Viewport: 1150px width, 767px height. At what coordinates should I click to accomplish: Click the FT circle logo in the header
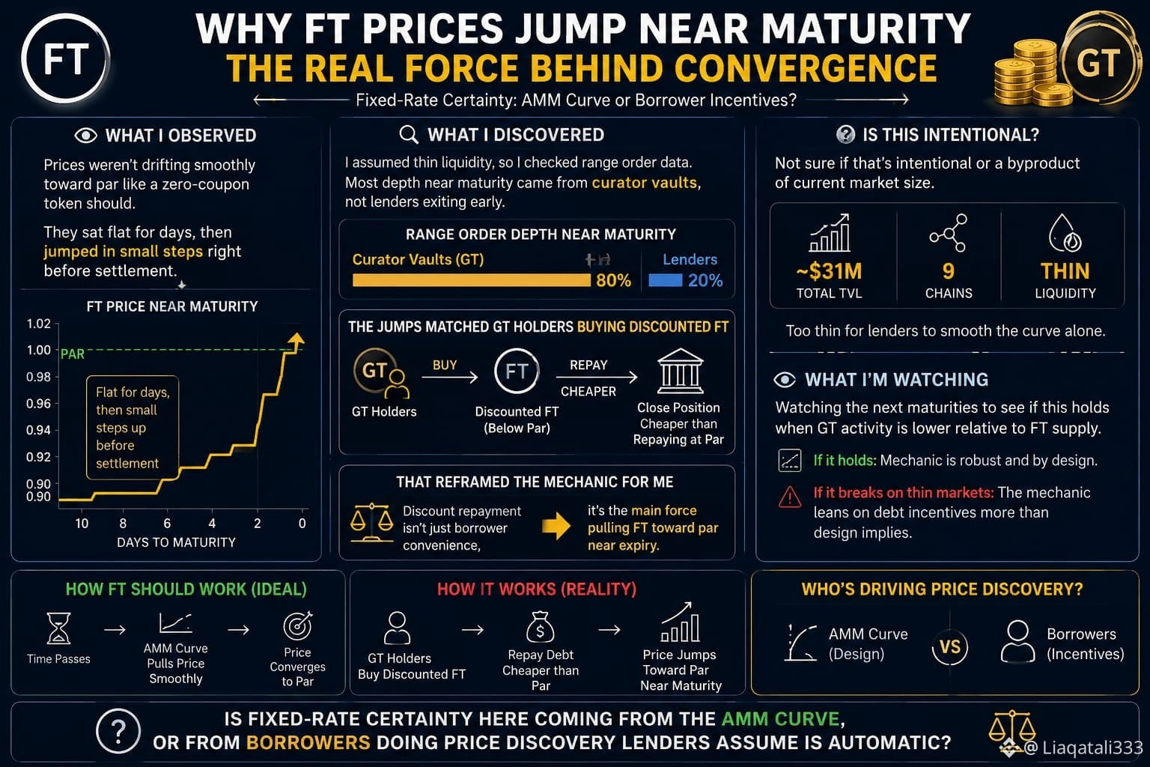66,58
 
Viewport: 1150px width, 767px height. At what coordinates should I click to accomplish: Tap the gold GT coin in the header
1098,63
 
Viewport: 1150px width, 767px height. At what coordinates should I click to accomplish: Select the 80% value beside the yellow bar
613,280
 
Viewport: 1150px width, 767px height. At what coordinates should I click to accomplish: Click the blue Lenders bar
666,280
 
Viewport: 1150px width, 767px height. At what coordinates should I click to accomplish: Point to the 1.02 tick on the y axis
38,324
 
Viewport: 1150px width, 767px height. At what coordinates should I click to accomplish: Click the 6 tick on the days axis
167,524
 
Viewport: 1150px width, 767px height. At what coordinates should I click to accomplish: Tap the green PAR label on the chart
73,354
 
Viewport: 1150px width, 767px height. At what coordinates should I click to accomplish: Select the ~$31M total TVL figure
829,271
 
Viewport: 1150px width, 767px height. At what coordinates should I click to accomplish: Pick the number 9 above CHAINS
949,271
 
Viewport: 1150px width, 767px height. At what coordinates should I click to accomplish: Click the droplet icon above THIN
1065,233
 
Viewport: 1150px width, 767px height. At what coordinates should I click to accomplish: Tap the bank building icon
681,371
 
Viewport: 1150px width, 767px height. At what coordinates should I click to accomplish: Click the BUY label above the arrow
445,365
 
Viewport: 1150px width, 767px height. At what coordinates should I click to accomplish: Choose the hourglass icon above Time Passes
58,628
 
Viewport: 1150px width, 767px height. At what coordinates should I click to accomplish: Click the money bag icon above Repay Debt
540,627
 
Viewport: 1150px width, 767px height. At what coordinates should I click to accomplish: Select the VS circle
950,647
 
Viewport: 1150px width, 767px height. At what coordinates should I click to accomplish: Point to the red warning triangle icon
790,497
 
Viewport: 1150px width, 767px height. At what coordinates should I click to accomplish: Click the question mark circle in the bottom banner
118,730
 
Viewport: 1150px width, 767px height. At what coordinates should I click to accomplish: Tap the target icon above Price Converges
298,625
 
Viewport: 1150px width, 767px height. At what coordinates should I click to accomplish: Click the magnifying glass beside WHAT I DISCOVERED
409,135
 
